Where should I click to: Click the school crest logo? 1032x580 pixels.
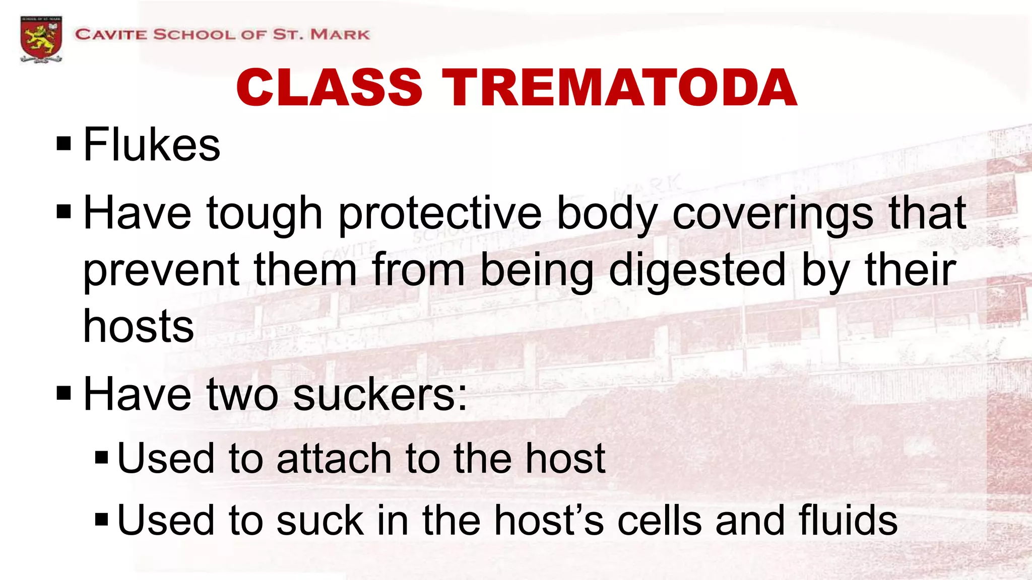[41, 39]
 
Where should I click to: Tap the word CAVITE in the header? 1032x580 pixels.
[111, 35]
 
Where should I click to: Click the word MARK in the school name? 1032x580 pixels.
[340, 35]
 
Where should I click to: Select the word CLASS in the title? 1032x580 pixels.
[329, 88]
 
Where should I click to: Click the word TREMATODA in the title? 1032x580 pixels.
[619, 88]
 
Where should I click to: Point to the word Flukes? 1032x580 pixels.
[151, 145]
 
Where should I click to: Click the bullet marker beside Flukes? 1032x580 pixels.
[64, 144]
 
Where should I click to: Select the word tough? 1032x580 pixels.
[264, 214]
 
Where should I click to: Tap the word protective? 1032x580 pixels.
[439, 214]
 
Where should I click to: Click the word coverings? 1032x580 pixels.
[772, 214]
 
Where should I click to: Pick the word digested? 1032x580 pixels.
[697, 271]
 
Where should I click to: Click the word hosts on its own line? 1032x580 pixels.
[139, 327]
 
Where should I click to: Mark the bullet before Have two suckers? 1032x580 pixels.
[64, 393]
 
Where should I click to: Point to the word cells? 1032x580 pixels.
[659, 521]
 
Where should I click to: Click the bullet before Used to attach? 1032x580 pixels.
[101, 458]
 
